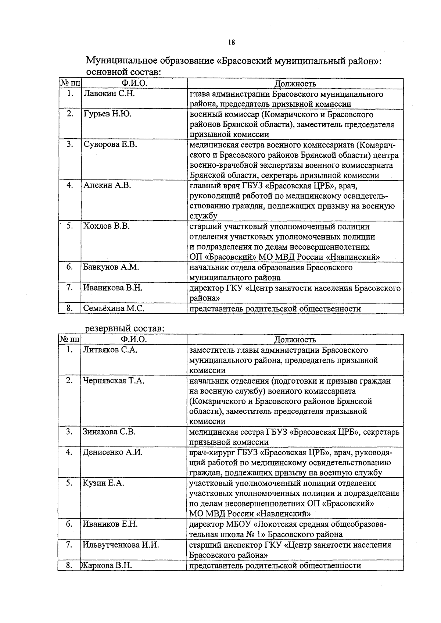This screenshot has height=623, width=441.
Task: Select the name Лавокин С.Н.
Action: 109,94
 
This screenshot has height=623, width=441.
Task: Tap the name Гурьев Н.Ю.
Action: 107,114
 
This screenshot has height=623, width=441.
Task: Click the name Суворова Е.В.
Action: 110,145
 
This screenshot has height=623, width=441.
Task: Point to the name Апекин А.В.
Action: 107,185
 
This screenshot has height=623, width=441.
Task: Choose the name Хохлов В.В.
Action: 107,226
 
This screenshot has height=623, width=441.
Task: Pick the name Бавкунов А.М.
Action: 111,267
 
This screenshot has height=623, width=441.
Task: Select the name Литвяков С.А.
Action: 110,350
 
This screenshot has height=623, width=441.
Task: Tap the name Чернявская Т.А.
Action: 114,381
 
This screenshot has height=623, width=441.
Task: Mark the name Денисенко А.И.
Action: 112,452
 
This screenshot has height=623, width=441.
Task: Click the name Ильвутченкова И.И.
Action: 121,545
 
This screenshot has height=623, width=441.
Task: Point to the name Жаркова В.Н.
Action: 107,565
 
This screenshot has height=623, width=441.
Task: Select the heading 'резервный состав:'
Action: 125,328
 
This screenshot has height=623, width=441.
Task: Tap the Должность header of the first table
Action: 295,83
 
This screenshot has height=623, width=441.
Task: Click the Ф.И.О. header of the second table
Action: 133,339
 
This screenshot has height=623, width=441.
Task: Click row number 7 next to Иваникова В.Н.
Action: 69,288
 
